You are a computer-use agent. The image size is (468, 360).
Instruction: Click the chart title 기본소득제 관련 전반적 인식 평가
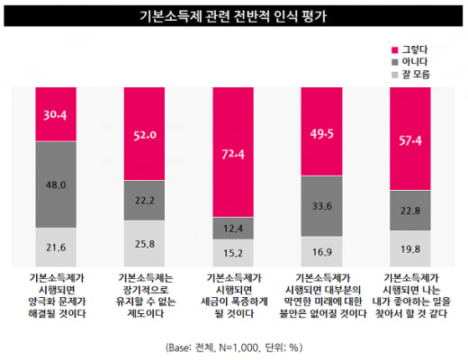(233, 16)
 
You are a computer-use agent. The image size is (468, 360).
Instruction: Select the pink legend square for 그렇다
(395, 50)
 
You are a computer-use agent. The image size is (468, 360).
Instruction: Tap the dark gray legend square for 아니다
(395, 62)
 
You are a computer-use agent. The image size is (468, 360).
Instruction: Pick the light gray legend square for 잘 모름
(395, 75)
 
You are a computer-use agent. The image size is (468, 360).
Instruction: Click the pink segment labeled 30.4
(56, 114)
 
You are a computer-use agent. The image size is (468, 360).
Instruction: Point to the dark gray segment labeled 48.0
(56, 184)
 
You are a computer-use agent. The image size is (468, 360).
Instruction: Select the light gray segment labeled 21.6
(56, 247)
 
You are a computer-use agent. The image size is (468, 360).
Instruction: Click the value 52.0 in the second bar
(145, 135)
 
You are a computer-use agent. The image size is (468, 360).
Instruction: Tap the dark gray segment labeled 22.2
(144, 201)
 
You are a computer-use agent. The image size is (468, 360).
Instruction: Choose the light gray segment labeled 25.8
(144, 244)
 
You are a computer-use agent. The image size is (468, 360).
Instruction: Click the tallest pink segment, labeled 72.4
(233, 152)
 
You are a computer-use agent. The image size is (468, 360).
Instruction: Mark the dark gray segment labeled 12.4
(233, 229)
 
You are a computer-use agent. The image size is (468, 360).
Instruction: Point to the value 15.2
(233, 253)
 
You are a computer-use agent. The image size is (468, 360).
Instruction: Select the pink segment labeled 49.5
(321, 131)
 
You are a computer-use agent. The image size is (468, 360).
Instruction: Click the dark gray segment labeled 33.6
(321, 206)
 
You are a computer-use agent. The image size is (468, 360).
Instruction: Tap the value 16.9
(322, 252)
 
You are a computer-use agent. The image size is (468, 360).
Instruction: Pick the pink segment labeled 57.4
(410, 139)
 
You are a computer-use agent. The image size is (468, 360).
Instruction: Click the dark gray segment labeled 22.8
(410, 211)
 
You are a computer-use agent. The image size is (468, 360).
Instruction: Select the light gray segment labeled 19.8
(410, 248)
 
